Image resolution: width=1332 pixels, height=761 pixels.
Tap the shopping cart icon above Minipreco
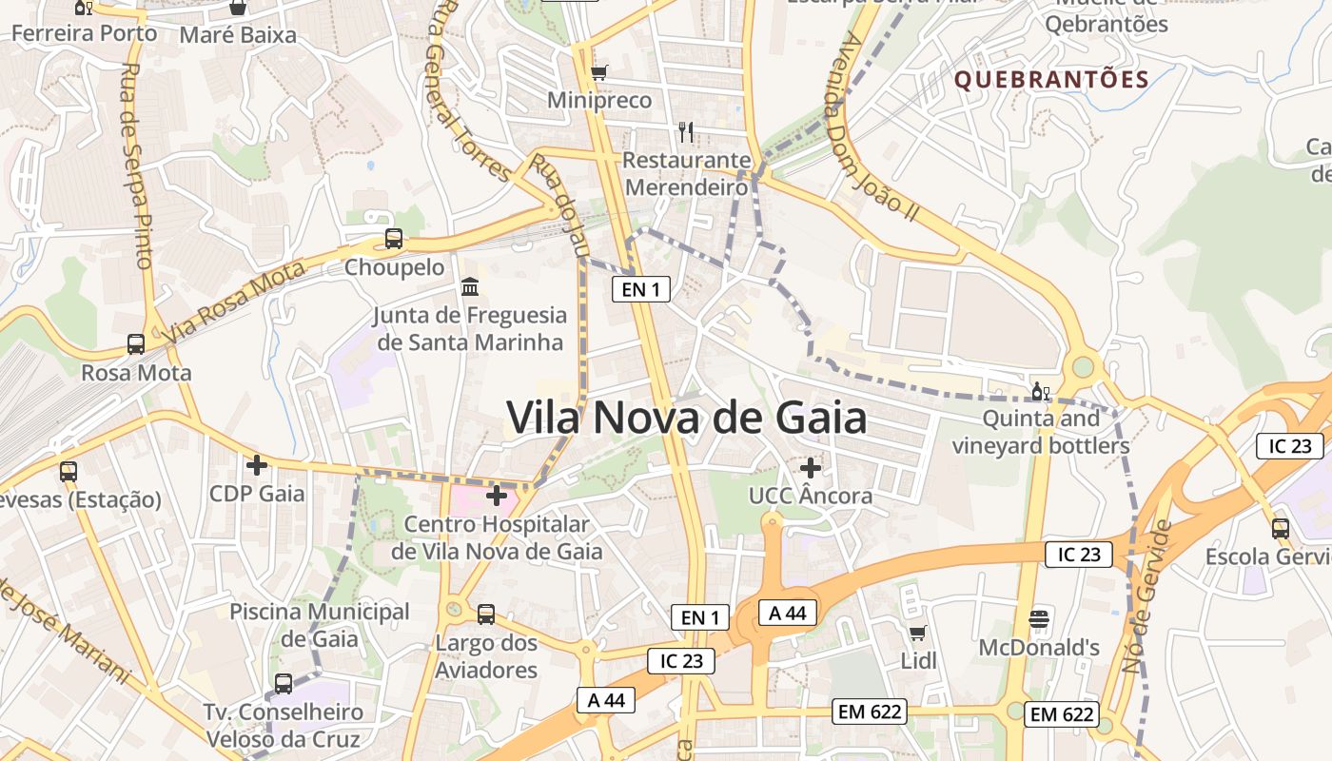(598, 72)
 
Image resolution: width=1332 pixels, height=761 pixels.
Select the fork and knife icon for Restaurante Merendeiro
(686, 132)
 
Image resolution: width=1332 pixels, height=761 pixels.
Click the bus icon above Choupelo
(393, 239)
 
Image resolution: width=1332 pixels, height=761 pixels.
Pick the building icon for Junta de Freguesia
(470, 285)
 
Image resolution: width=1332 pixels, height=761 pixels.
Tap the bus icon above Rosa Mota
(136, 343)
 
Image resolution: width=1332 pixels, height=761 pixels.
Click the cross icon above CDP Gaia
(256, 465)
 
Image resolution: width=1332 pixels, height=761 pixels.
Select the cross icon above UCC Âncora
(810, 468)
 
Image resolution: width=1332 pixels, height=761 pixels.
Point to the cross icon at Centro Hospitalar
(496, 496)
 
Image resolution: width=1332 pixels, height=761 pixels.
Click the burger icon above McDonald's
(1039, 619)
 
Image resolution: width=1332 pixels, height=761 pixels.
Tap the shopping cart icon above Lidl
(918, 633)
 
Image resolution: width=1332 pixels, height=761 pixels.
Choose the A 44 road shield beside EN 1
(788, 613)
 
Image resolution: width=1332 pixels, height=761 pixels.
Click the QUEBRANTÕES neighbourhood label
(1051, 79)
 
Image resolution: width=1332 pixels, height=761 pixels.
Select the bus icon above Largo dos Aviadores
(486, 615)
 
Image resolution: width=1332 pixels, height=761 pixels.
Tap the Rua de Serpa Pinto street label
(133, 166)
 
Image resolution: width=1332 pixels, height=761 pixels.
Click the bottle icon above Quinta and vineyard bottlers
(1040, 391)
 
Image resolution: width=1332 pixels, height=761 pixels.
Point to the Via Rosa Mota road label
(234, 302)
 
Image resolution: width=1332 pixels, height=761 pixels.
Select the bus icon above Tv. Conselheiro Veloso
(284, 683)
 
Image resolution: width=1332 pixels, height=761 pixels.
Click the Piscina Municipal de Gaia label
(320, 625)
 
